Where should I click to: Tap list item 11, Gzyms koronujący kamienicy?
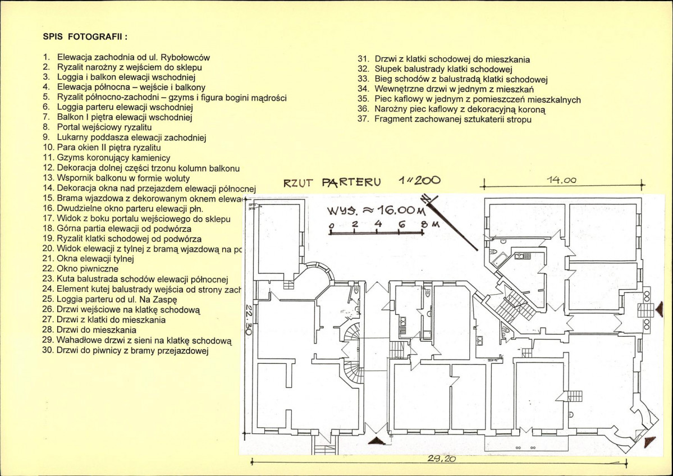pos(113,158)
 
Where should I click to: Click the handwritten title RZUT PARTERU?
pos(332,182)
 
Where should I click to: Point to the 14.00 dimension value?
pos(562,180)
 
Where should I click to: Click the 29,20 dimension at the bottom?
pos(441,459)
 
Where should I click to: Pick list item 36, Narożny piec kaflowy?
pos(464,109)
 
